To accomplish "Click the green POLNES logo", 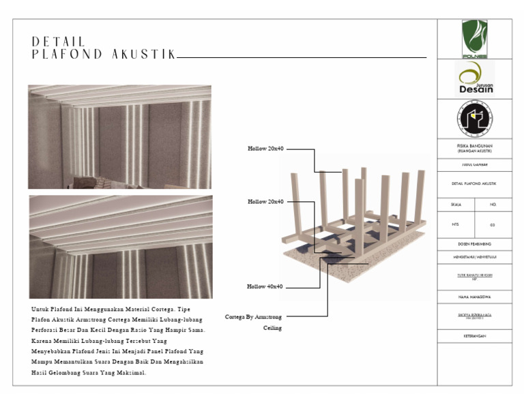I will [474, 39].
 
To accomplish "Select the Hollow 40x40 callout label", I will [265, 286].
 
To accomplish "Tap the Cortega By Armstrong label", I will [253, 316].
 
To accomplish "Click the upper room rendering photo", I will [119, 136].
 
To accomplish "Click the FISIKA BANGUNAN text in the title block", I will [474, 145].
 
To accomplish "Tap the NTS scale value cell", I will [455, 224].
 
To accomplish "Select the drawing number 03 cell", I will [493, 224].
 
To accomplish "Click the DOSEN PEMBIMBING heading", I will [474, 243].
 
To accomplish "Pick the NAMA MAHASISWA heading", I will [474, 297].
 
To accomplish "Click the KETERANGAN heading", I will [474, 335].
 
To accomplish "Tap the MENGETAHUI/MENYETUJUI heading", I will [474, 257].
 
